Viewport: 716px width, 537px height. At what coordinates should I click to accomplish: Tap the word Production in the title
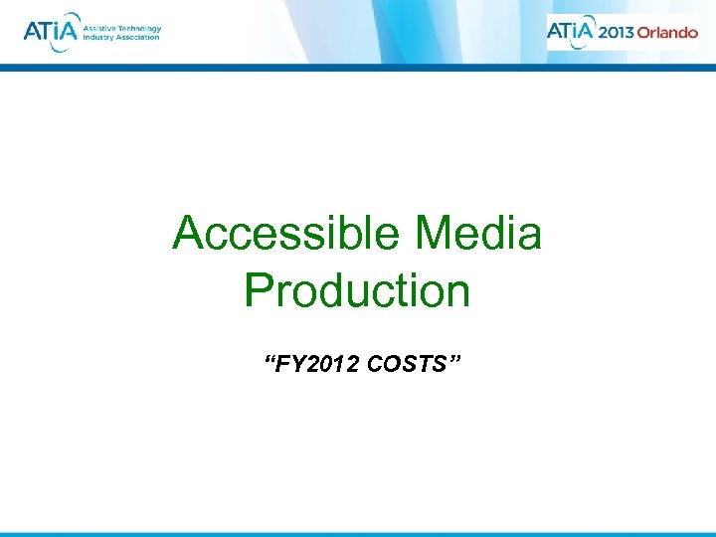point(357,290)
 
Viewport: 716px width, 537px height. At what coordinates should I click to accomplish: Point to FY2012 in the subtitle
point(318,365)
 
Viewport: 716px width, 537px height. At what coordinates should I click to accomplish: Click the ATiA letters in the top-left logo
point(47,32)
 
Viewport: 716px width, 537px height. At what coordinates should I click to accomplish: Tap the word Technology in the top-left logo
point(136,28)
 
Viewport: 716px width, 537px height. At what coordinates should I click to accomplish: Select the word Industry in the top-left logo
point(96,38)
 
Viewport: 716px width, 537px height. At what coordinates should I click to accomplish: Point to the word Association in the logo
point(138,38)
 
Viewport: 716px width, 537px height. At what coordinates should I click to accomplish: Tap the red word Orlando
point(667,32)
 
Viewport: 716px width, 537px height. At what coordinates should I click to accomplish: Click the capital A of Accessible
point(187,235)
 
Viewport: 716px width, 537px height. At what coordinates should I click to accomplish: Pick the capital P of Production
point(257,290)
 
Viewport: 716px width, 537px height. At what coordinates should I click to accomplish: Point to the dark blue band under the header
point(358,69)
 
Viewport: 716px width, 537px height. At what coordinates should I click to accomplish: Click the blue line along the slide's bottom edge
point(358,534)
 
